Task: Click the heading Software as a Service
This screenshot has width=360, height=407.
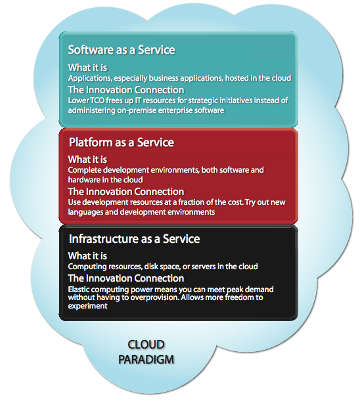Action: coord(122,50)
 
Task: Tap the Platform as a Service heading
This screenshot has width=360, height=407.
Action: coord(122,142)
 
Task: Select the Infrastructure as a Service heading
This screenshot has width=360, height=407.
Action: coord(134,239)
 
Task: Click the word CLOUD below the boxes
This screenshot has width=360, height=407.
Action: coord(146,345)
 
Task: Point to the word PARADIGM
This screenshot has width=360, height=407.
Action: coord(146,360)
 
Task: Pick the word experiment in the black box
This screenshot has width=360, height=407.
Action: coord(87,306)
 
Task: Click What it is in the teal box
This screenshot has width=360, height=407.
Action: coord(87,68)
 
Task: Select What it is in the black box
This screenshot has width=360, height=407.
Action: coord(87,256)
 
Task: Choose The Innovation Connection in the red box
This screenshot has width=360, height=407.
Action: coord(126,192)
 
